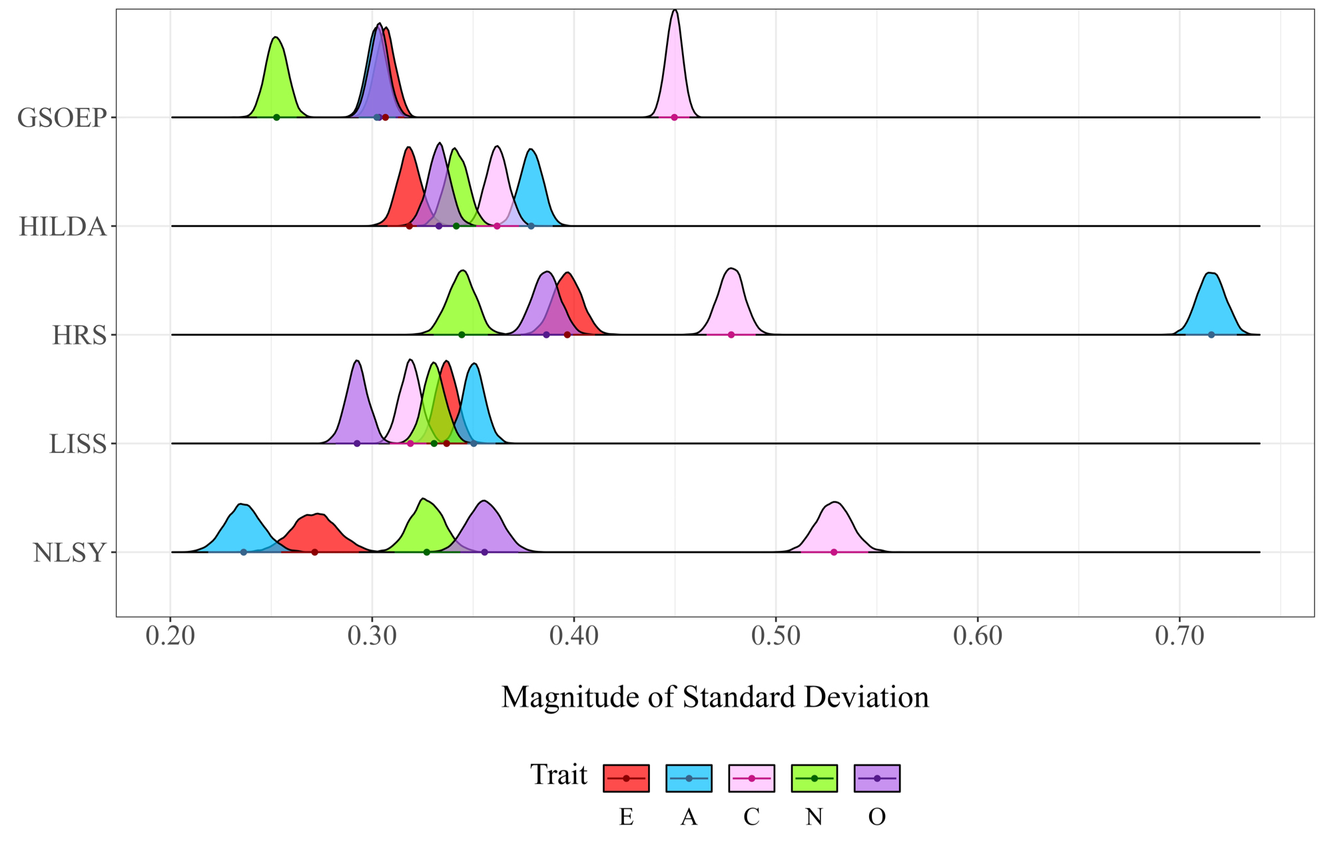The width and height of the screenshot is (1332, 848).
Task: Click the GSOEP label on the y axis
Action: coord(62,118)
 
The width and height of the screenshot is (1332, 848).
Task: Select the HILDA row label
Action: coord(63,227)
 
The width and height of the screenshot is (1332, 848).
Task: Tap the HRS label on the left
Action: coord(79,336)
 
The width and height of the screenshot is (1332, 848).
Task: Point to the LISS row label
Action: coord(78,444)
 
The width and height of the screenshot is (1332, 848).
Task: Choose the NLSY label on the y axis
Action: coord(69,554)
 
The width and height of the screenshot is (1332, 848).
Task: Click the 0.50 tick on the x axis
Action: coord(776,636)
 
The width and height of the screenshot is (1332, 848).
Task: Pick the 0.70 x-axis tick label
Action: coord(1179,636)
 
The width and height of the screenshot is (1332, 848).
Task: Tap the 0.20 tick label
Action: coord(170,636)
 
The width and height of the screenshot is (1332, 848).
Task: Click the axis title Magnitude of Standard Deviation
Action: coord(715,697)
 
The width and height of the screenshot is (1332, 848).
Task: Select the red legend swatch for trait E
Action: coord(626,778)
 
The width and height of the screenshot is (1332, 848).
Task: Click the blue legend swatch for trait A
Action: coord(689,778)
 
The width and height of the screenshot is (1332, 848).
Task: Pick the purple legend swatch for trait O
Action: coord(876,778)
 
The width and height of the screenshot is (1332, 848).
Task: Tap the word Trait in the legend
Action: coord(558,775)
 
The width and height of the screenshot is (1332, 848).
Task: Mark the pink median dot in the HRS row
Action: coord(731,334)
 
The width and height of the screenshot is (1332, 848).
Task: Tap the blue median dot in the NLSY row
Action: coord(244,552)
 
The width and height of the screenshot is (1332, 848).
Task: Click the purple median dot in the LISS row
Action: coord(357,444)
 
